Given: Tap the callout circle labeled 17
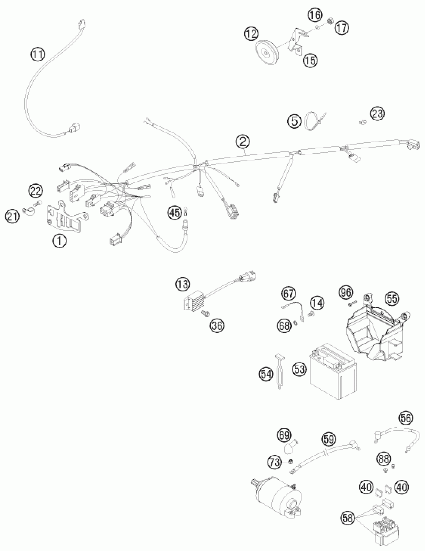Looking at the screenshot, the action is [x=342, y=28].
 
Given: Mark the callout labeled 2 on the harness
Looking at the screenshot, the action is [x=243, y=143].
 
